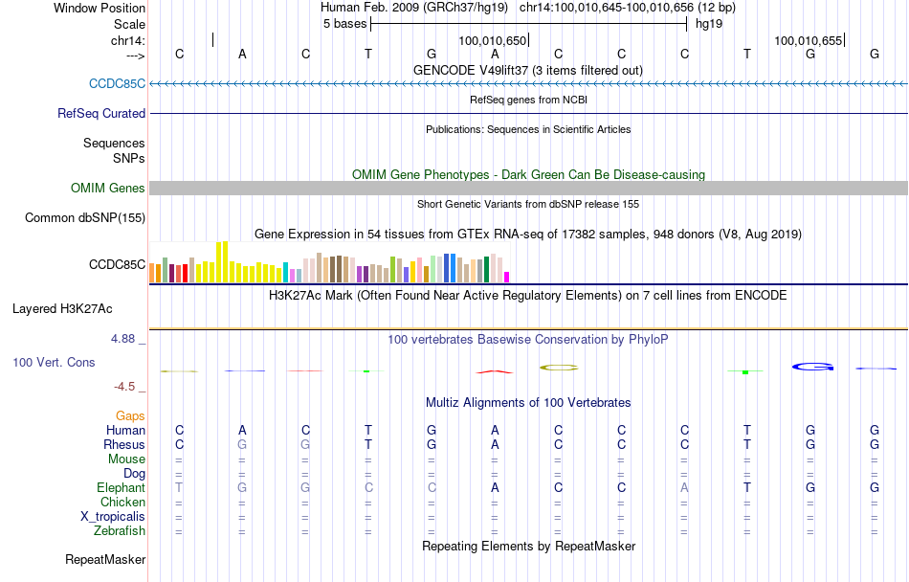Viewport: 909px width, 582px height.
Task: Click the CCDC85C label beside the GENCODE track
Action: click(117, 83)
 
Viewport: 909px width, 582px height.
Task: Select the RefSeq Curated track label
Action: click(101, 113)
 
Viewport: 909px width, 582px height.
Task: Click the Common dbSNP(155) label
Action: click(84, 218)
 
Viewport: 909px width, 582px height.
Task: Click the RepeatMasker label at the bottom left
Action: click(105, 559)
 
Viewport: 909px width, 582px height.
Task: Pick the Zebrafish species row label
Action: click(120, 531)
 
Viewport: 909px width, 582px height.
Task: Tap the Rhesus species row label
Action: click(124, 445)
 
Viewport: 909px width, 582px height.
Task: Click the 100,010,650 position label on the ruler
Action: click(493, 41)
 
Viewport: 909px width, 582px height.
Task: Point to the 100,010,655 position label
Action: click(809, 41)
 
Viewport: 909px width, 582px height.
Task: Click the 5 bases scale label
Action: click(344, 24)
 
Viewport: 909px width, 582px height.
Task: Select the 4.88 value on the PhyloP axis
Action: click(127, 339)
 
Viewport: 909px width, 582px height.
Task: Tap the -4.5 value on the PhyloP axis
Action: click(128, 387)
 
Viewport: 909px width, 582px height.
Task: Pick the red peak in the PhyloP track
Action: click(495, 369)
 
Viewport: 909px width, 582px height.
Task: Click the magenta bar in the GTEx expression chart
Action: click(507, 277)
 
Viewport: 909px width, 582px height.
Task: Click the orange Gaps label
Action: click(130, 416)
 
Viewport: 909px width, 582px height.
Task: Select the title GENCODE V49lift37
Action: click(528, 70)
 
